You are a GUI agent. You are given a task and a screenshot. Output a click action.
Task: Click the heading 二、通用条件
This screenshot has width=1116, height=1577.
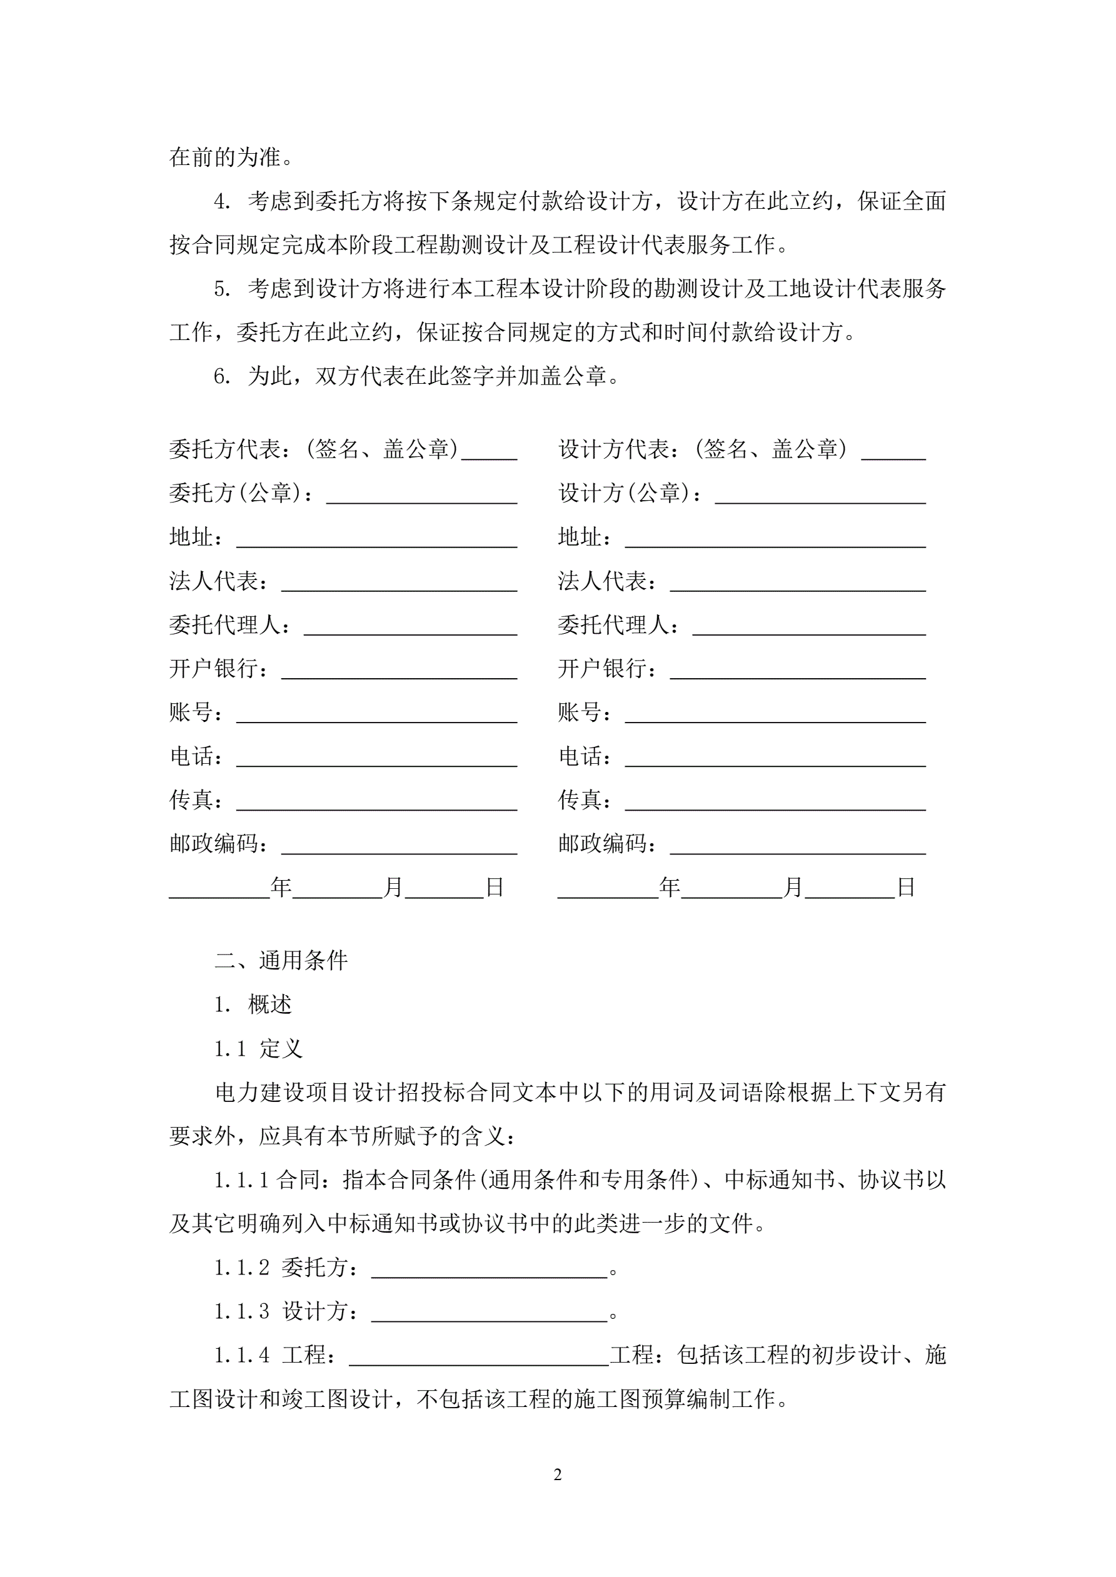click(281, 960)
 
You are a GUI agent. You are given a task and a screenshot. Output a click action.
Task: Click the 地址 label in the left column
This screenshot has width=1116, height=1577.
click(192, 537)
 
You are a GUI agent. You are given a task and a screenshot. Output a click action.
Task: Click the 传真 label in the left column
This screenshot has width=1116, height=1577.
click(192, 800)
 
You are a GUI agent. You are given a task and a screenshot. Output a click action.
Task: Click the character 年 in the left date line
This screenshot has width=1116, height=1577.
click(281, 888)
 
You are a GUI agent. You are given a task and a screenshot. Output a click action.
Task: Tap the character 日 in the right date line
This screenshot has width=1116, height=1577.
click(906, 888)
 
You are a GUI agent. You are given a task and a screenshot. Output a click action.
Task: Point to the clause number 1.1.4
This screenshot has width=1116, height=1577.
click(241, 1355)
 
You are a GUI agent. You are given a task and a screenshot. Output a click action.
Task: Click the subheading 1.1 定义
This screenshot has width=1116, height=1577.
click(258, 1049)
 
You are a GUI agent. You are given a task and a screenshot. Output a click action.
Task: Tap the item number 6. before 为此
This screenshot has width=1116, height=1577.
click(221, 376)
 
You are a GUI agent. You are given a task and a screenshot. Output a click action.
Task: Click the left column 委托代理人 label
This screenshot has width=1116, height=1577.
click(226, 625)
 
